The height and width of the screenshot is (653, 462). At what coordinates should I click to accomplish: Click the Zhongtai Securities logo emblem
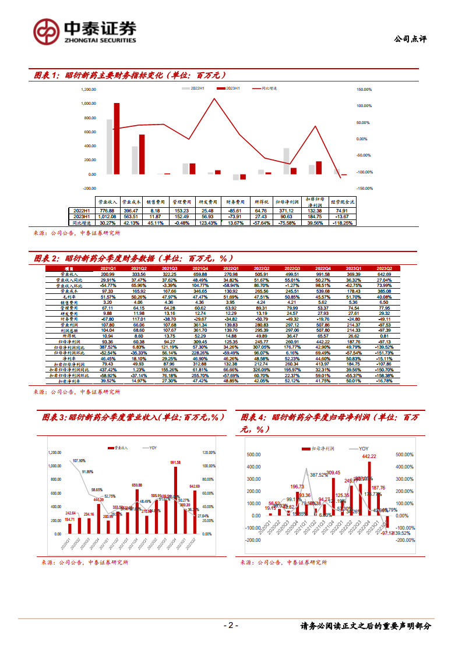tap(45, 31)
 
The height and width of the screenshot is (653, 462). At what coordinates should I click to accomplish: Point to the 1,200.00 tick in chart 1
tap(89, 90)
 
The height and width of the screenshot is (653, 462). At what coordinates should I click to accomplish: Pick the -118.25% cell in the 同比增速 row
tap(342, 223)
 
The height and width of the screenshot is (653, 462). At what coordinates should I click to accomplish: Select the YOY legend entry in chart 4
tap(360, 449)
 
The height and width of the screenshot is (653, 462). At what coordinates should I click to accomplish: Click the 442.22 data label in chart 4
tap(370, 457)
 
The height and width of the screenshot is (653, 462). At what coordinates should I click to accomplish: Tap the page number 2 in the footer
tap(231, 626)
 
